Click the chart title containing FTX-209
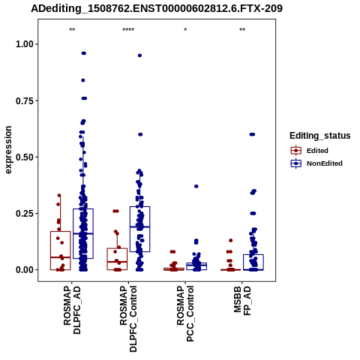(157, 8)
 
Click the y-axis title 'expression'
(8, 150)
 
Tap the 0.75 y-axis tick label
(25, 100)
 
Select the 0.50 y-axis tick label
(25, 157)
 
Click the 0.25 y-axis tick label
(25, 214)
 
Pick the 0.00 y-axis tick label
(25, 270)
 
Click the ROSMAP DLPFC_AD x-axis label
(72, 310)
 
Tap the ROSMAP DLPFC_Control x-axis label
(128, 319)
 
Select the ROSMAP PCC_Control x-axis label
(185, 313)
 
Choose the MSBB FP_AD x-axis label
(242, 301)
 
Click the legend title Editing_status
(320, 136)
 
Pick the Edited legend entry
(309, 151)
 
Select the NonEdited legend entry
(316, 163)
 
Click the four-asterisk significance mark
(128, 30)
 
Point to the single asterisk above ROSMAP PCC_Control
(185, 30)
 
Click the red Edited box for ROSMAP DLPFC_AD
(61, 250)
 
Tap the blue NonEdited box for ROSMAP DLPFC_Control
(140, 229)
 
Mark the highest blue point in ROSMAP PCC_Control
(196, 186)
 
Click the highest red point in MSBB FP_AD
(231, 241)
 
